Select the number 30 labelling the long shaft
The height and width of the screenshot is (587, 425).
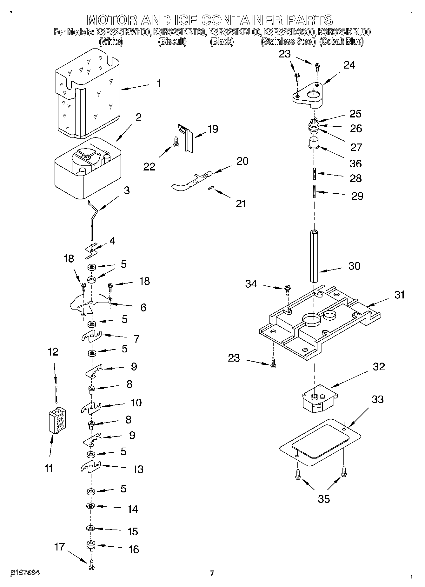[354, 266]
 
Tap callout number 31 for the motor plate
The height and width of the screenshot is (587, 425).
[399, 295]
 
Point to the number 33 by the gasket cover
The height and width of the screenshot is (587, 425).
[377, 399]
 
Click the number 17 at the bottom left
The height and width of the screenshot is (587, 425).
[59, 547]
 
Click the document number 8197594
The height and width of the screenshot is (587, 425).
[25, 573]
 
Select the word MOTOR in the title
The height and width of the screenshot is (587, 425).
[112, 20]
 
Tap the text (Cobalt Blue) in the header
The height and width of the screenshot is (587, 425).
[341, 42]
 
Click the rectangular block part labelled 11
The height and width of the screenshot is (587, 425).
[57, 420]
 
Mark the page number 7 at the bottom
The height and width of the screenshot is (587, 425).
[212, 573]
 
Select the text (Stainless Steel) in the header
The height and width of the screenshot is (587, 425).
[288, 42]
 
